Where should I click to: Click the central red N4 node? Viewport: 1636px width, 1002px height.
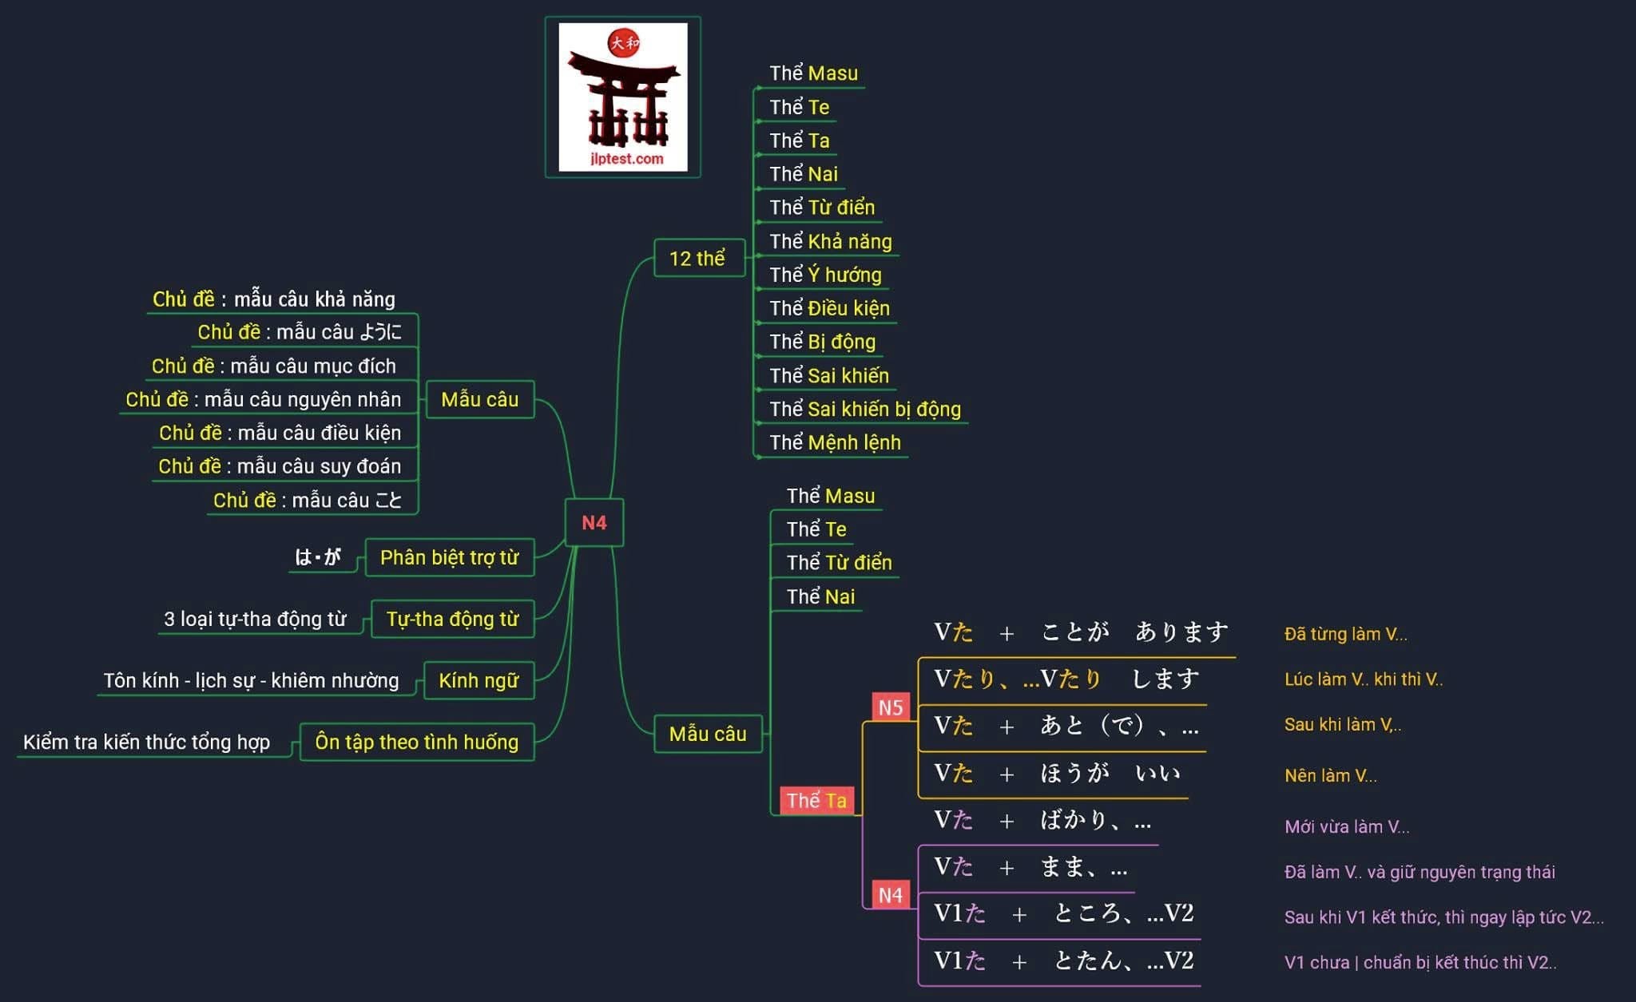(x=594, y=523)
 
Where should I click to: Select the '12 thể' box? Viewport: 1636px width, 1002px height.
(x=697, y=258)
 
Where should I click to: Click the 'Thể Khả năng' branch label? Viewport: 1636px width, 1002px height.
(x=830, y=241)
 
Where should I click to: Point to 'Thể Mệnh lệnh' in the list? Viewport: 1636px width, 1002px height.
(x=835, y=442)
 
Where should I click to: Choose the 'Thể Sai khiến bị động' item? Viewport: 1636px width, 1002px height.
(x=864, y=409)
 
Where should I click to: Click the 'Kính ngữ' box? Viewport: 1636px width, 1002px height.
(x=478, y=680)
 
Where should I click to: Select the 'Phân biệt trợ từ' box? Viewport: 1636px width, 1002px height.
(x=449, y=557)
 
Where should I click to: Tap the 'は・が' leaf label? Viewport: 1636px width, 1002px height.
(x=318, y=556)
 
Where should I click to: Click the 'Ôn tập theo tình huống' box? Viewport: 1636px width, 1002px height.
(x=416, y=742)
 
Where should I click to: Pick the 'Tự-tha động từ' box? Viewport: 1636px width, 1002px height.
(x=452, y=619)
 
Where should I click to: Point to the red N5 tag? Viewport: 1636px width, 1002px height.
(x=890, y=707)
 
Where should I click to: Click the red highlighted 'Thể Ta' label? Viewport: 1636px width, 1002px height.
(x=816, y=800)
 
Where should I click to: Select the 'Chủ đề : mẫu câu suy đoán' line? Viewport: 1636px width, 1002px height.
(x=280, y=465)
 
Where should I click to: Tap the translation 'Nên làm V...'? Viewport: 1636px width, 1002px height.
(x=1330, y=775)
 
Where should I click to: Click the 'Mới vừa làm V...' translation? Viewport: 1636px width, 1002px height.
(x=1346, y=826)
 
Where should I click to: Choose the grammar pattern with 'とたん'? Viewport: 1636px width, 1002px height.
(x=1063, y=960)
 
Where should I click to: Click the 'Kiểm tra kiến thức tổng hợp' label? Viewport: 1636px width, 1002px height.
(x=146, y=742)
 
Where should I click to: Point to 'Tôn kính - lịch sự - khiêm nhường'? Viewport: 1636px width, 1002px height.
(x=251, y=680)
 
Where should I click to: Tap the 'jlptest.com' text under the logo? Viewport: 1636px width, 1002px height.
(x=626, y=158)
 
